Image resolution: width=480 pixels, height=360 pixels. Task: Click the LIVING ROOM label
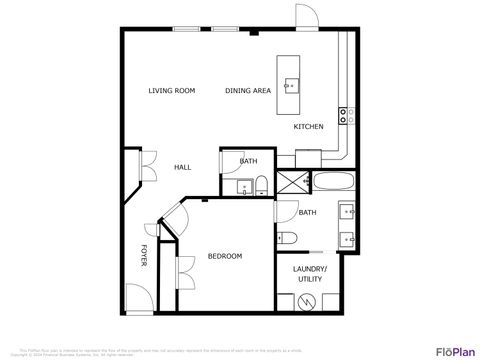(171, 91)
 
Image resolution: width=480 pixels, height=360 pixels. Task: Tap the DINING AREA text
(248, 91)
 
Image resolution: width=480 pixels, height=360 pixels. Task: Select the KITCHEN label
(308, 127)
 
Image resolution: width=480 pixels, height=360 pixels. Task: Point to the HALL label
(182, 167)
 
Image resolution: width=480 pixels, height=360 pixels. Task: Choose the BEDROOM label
(225, 257)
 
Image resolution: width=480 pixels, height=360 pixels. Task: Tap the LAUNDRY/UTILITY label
(308, 274)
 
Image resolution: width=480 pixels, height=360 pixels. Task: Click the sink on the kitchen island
(290, 86)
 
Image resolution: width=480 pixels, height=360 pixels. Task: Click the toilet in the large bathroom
(285, 238)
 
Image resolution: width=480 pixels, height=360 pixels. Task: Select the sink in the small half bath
(243, 186)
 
